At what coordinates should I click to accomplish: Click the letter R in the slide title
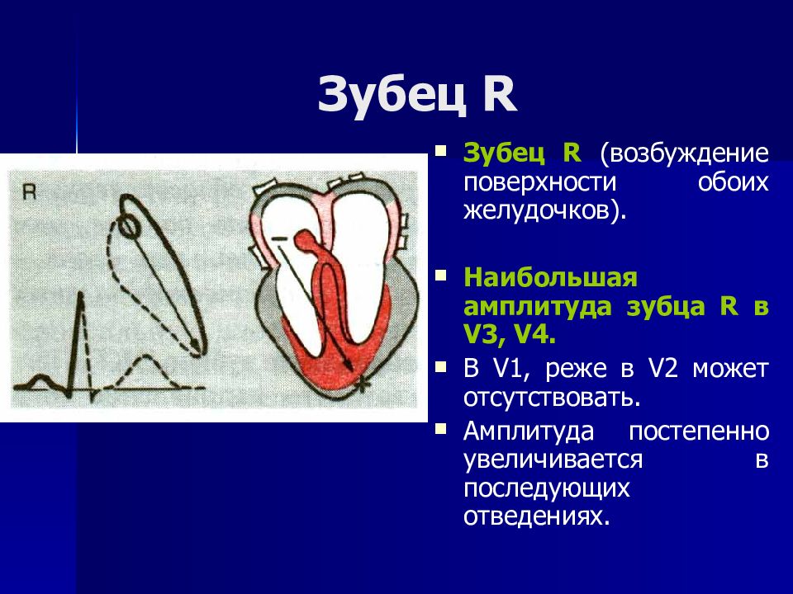click(x=500, y=94)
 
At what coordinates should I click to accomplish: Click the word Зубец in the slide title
click(x=392, y=97)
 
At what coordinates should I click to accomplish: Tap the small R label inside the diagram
click(x=30, y=192)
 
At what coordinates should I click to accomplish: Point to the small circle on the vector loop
click(x=128, y=226)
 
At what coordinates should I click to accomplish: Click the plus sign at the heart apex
click(x=362, y=385)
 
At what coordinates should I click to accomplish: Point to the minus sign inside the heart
click(x=279, y=238)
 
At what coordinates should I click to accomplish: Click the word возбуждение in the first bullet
click(x=685, y=153)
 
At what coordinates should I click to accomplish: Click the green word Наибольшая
click(x=551, y=278)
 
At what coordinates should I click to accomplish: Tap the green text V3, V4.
click(x=510, y=335)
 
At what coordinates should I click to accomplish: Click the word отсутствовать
click(x=552, y=398)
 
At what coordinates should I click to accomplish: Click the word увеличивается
click(x=553, y=460)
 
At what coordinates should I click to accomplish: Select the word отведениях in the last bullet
click(x=536, y=516)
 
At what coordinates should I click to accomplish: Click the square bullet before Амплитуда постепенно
click(x=441, y=429)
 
